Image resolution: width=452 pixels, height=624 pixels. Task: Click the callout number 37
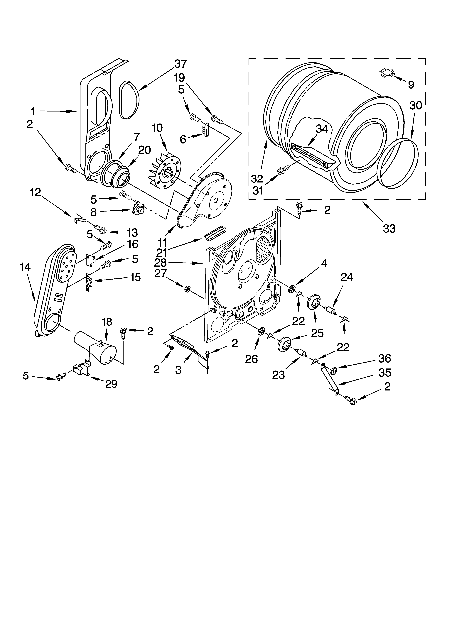(181, 64)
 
